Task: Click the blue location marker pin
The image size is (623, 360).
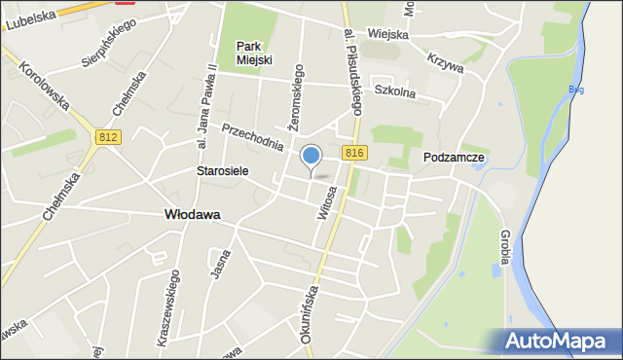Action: coord(311,156)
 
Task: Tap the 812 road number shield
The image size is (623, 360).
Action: coord(108,138)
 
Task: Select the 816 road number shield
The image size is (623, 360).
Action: coord(354,153)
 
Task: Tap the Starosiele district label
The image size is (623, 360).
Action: coord(222,170)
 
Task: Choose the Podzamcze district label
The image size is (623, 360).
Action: coord(454,157)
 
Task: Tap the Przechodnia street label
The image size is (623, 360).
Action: coord(253,137)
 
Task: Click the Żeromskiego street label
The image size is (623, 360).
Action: coord(296,98)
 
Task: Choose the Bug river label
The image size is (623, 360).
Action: coord(576,90)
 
